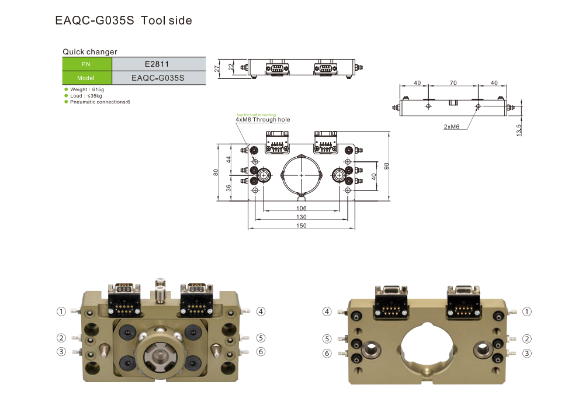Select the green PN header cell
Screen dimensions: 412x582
coord(86,64)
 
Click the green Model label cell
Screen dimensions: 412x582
coord(86,77)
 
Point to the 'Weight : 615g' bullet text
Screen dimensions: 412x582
coord(86,89)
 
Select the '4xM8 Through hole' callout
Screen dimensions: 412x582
coord(262,120)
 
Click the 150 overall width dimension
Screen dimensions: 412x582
coord(301,226)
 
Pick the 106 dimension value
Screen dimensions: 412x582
coord(301,208)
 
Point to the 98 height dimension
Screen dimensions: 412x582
coord(386,166)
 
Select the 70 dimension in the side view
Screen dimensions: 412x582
coord(453,83)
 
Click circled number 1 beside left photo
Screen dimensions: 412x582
coord(61,311)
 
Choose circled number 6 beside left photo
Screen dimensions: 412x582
coord(261,351)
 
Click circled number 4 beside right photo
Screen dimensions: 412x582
coord(327,311)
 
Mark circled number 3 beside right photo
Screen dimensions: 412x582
coord(526,353)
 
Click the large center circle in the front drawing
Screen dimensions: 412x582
coord(301,175)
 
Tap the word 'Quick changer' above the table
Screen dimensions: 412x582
coord(90,52)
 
